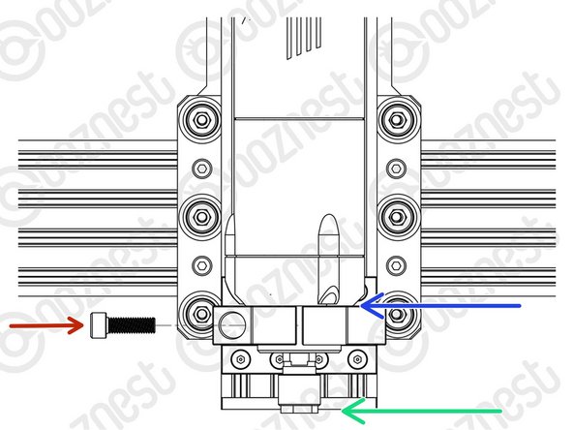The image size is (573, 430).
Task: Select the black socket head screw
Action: point(121,327)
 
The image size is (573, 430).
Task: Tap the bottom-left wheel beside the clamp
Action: point(201,312)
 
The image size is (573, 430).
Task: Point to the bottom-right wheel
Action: point(396,312)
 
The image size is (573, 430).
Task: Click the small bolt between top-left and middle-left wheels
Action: point(201,168)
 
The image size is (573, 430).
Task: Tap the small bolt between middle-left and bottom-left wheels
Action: point(201,262)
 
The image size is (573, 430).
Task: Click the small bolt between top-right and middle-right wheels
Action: point(396,168)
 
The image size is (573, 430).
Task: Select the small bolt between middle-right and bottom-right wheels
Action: point(396,262)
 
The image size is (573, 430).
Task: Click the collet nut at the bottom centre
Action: point(297,392)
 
